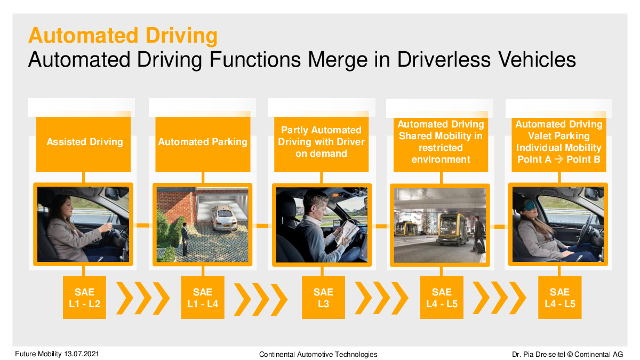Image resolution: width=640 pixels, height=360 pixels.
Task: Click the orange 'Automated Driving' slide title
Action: (123, 36)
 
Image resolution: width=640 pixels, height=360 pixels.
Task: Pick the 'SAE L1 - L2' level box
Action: (85, 297)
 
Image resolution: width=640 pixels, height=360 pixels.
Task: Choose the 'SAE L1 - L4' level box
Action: (203, 297)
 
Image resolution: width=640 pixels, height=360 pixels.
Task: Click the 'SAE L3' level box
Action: (323, 297)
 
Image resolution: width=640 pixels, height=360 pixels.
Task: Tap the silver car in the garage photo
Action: (224, 218)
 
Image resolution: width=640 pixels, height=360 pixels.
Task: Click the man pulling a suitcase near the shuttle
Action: (478, 234)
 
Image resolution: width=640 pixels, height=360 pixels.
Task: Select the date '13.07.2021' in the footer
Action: (82, 354)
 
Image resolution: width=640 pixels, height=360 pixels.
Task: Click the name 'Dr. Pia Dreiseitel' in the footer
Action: (539, 354)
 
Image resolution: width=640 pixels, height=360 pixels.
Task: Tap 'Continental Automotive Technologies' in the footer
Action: (318, 354)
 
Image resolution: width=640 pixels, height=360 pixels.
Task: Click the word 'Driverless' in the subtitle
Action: (444, 59)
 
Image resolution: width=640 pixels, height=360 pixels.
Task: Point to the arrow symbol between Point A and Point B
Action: (559, 159)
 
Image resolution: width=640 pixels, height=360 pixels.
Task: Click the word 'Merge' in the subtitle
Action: (338, 60)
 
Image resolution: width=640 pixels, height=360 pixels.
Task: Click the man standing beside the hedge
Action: (185, 239)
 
